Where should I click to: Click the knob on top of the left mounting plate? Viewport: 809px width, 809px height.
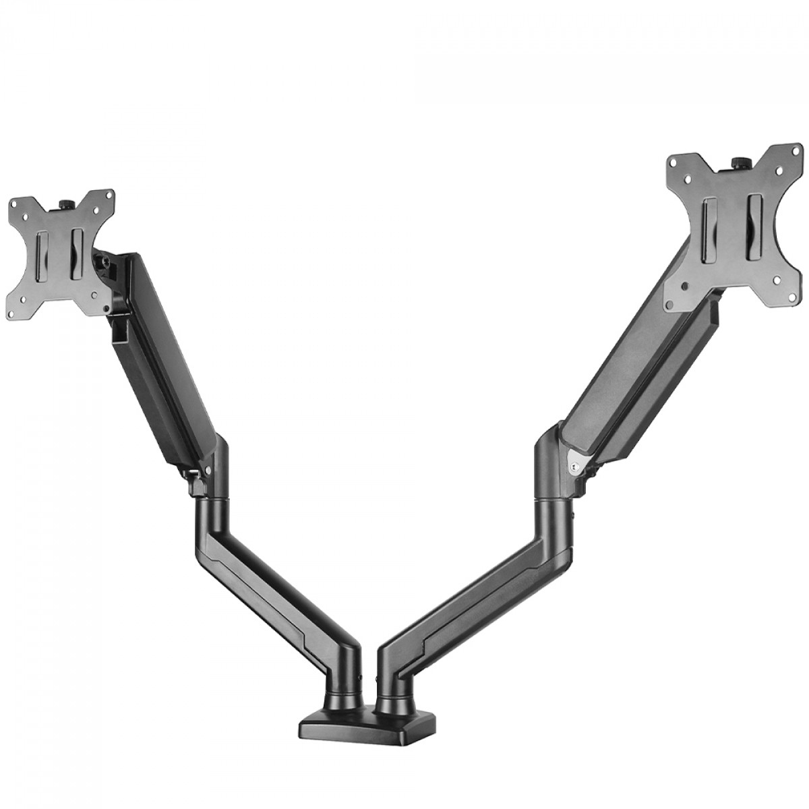67,203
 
